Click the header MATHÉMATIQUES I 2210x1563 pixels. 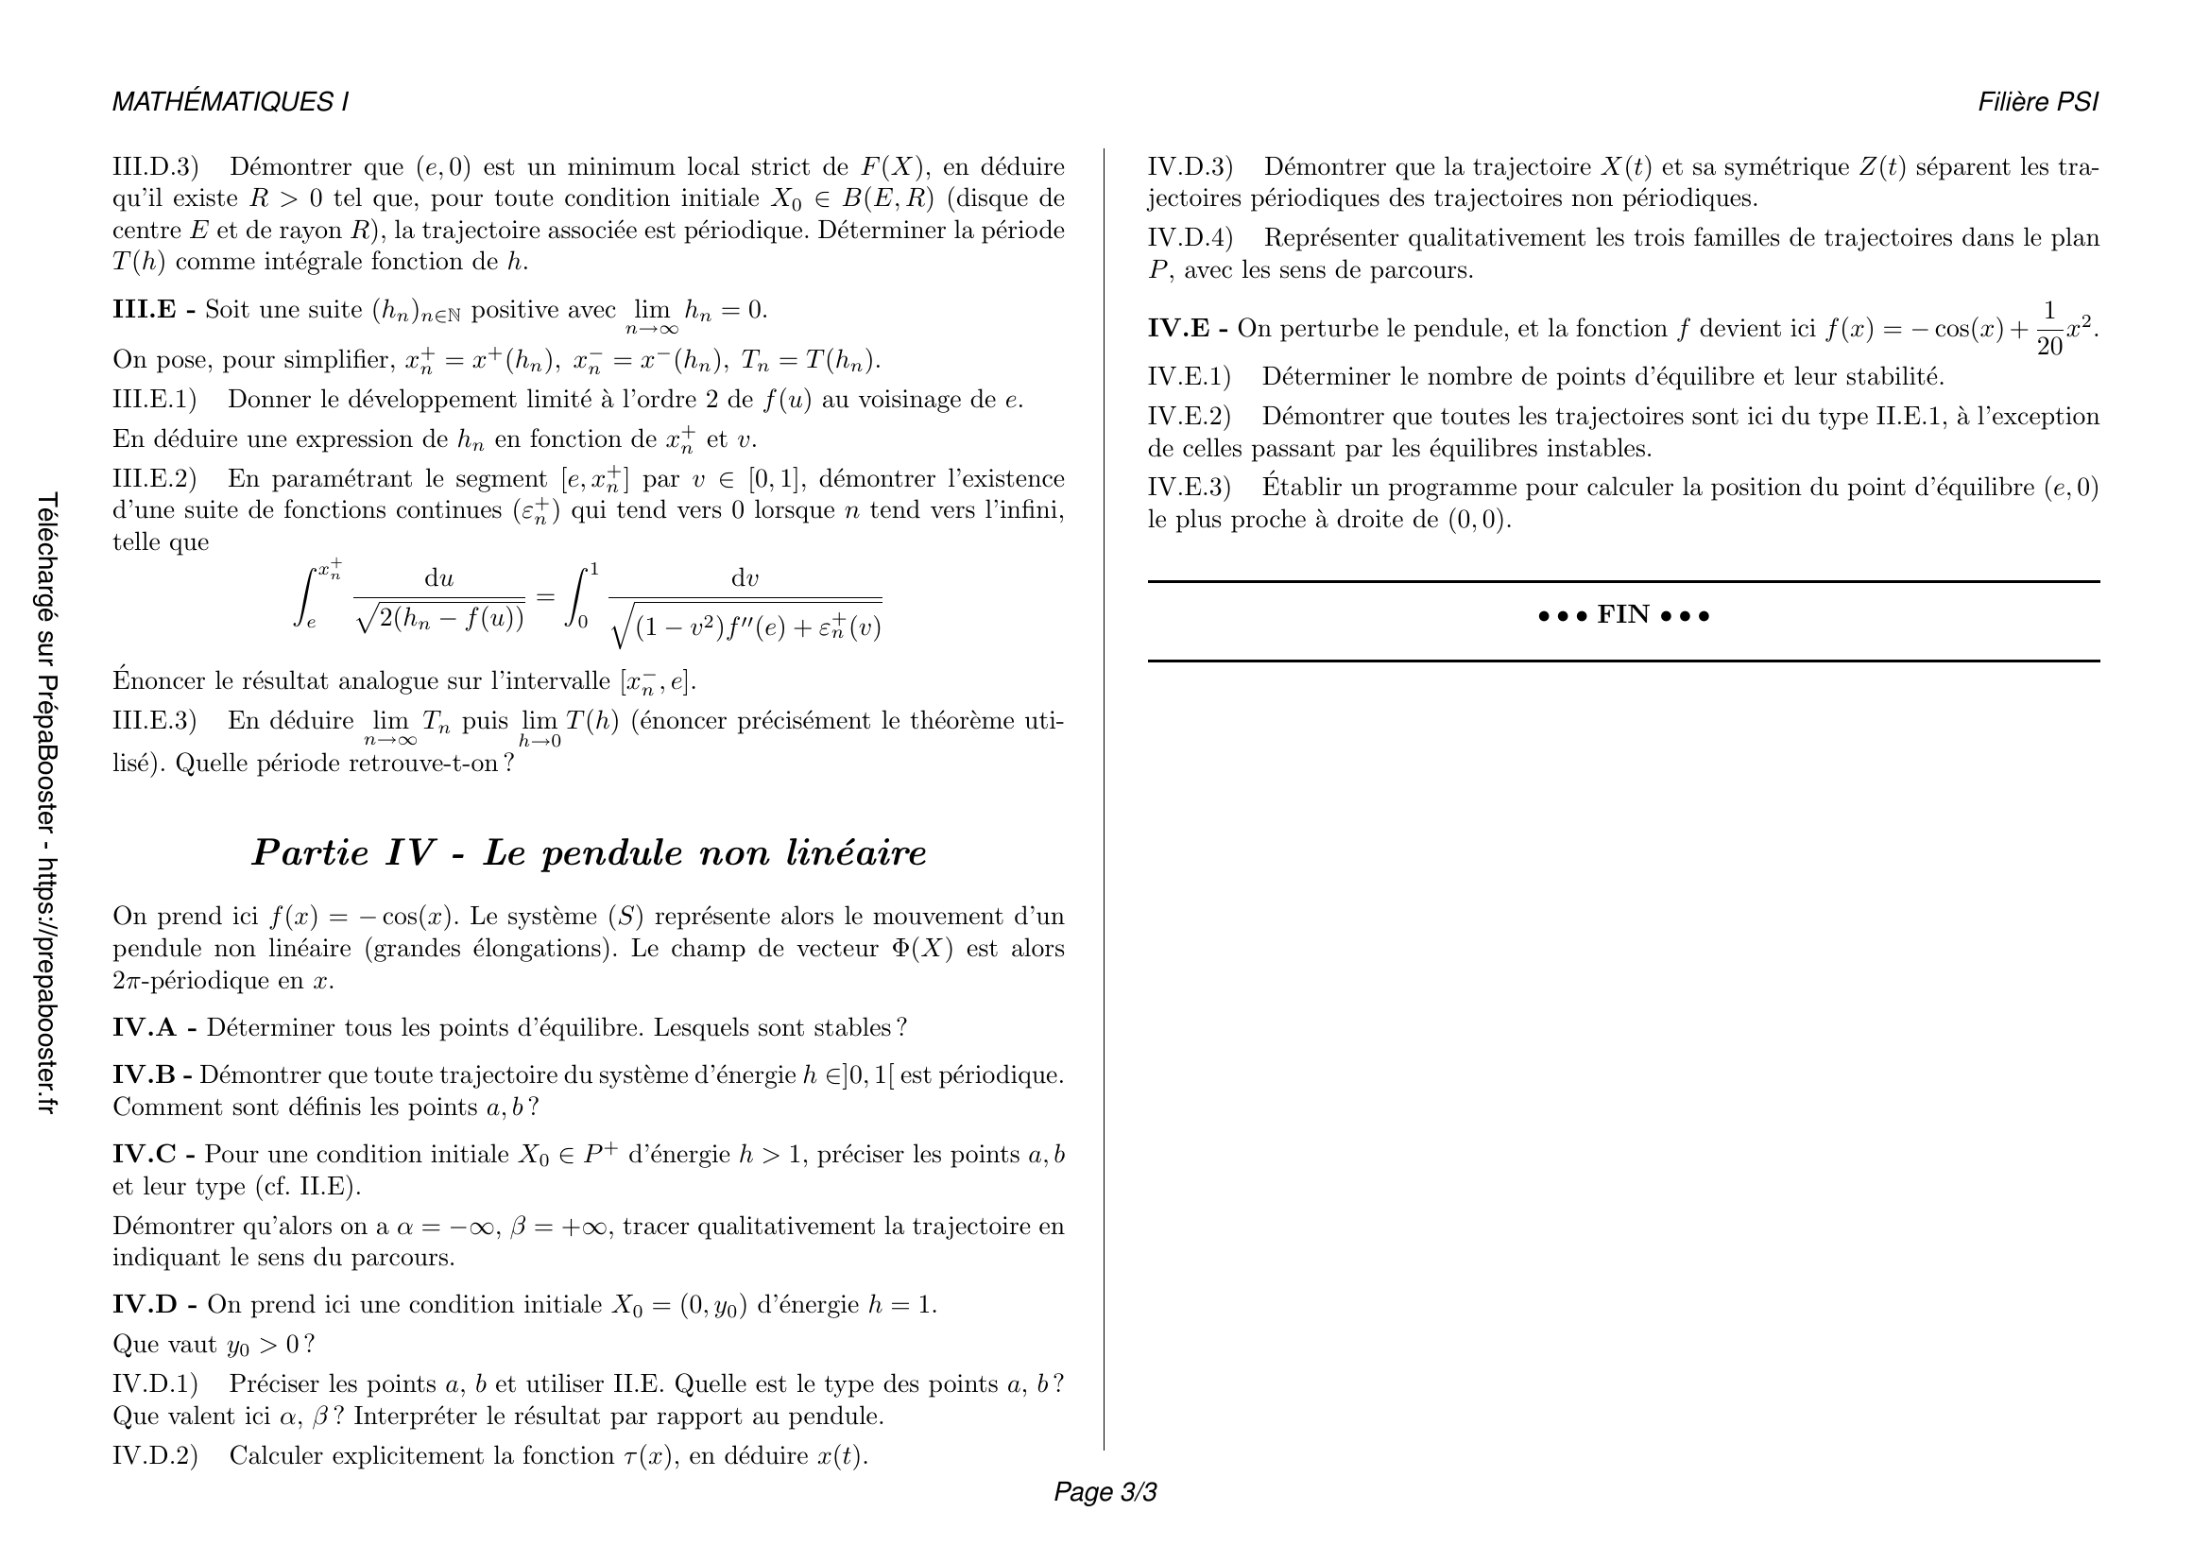tap(230, 102)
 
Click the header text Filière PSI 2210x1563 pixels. tap(2038, 102)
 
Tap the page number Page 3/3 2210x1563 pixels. tap(1105, 1492)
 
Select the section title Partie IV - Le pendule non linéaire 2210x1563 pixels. tap(589, 852)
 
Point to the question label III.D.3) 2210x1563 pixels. tap(155, 167)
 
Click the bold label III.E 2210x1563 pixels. tap(145, 310)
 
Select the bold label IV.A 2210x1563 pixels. tap(145, 1028)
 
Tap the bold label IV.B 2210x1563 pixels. tap(144, 1075)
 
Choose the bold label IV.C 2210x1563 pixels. tap(145, 1155)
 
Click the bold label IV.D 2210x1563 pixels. tap(146, 1305)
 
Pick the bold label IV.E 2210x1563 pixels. tap(1178, 329)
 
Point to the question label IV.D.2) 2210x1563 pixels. tap(155, 1455)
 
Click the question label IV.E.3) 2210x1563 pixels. tap(1189, 488)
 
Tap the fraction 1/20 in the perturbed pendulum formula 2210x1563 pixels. tap(2049, 329)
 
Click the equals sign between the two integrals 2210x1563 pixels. tap(545, 597)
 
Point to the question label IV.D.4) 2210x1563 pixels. tap(1190, 239)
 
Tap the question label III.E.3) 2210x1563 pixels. tap(154, 721)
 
